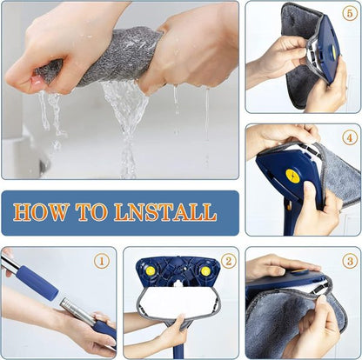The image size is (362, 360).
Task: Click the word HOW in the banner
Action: (x=43, y=212)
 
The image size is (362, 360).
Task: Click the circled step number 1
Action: (x=101, y=260)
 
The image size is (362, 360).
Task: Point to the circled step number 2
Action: (x=227, y=260)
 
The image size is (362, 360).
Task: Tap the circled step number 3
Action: (x=350, y=260)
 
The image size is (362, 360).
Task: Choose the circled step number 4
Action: (x=350, y=137)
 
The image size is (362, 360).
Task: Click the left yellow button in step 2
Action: (x=149, y=271)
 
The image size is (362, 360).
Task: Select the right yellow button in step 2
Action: (x=204, y=271)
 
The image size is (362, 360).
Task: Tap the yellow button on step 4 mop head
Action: (x=293, y=175)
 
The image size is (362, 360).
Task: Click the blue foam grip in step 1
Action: (x=34, y=283)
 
